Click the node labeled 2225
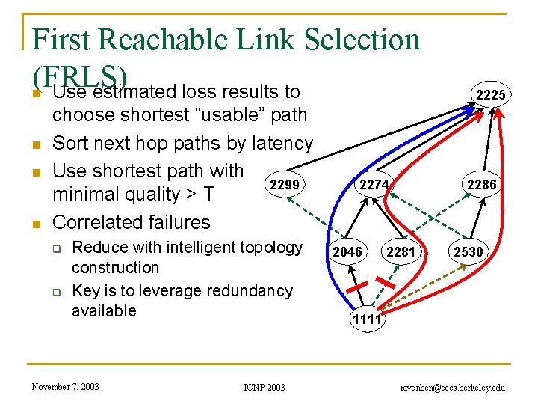coord(490,94)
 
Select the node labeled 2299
coord(284,185)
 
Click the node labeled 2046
coord(347,252)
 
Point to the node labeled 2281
coord(401,252)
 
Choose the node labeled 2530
coord(469,252)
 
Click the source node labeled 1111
coord(367,319)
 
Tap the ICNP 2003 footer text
coord(264,387)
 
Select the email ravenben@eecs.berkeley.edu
coord(453,387)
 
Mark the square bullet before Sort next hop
coord(34,144)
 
